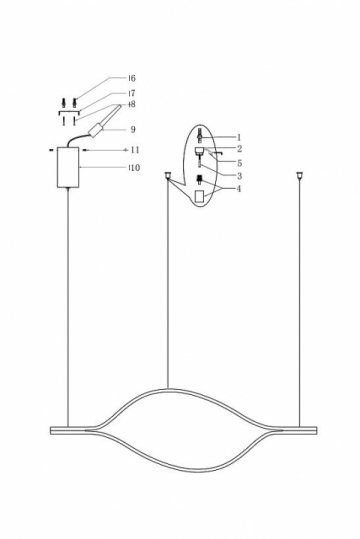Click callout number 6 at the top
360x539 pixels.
(x=132, y=77)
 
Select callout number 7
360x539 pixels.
(x=132, y=92)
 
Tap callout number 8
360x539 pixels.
(x=132, y=104)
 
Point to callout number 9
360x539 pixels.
(x=132, y=128)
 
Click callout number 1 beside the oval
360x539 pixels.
(x=239, y=135)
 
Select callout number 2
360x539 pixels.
(x=239, y=148)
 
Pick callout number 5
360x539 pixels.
(x=239, y=161)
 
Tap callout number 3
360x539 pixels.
(x=239, y=175)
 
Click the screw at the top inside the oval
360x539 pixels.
(x=200, y=135)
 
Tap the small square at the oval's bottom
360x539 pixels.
(x=200, y=197)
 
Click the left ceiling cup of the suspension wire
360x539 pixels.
(x=167, y=176)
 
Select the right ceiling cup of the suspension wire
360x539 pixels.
(x=298, y=176)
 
